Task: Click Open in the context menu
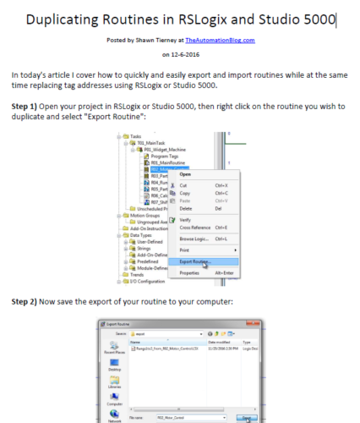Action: pyautogui.click(x=185, y=174)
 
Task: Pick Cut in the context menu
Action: pyautogui.click(x=183, y=185)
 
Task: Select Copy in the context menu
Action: pyautogui.click(x=184, y=193)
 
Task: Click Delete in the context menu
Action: pyautogui.click(x=186, y=208)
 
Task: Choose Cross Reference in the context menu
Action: pyautogui.click(x=196, y=228)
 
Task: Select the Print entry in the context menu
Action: pyautogui.click(x=183, y=250)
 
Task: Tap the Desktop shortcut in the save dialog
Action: pyautogui.click(x=116, y=371)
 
